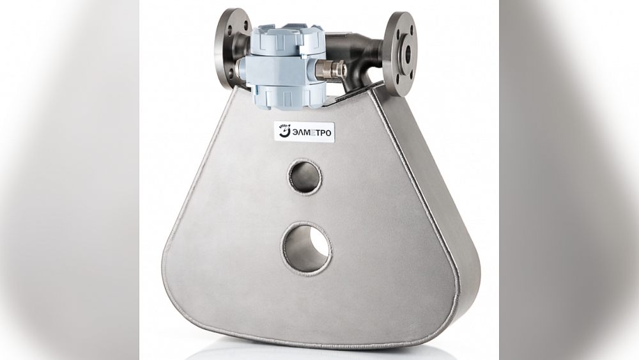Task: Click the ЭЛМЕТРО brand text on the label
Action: pyautogui.click(x=311, y=132)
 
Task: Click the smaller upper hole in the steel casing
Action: pyautogui.click(x=305, y=176)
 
